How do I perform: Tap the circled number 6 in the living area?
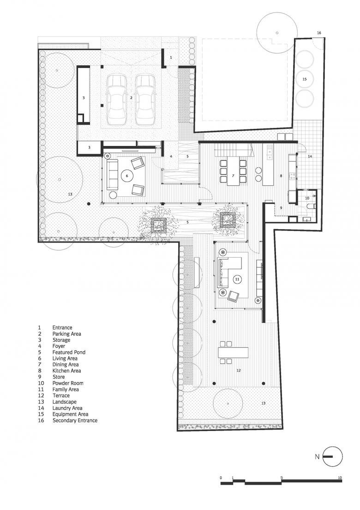(127, 176)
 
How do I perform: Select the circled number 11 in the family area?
(237, 279)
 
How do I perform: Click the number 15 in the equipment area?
(305, 79)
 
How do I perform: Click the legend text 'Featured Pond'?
(69, 352)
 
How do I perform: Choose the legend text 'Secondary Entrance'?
(75, 420)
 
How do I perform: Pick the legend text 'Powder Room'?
(68, 383)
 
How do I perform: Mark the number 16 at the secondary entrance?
(319, 33)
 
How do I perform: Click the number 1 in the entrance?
(171, 57)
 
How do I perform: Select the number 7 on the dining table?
(233, 176)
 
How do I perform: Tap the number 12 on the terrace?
(239, 370)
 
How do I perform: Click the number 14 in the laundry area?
(310, 157)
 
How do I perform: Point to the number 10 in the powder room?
(307, 198)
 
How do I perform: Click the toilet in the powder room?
(311, 206)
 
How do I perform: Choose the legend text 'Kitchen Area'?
(66, 371)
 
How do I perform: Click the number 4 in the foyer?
(171, 157)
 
